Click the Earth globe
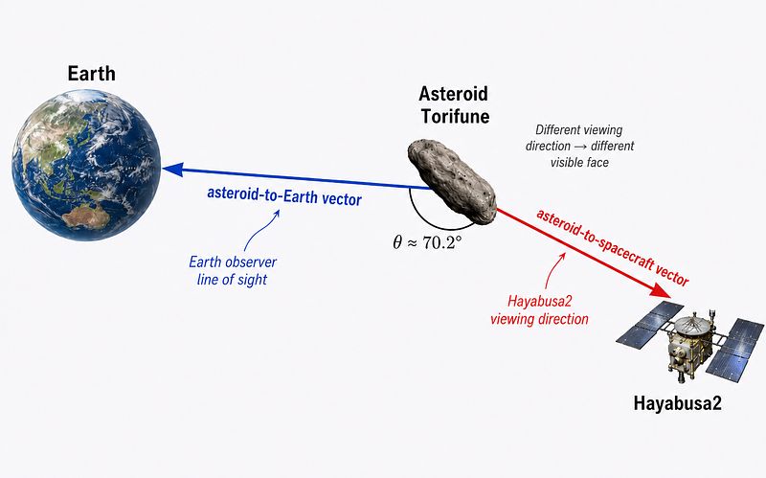(86, 165)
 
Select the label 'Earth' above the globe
(92, 74)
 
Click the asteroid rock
(452, 181)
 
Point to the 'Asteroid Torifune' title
(454, 104)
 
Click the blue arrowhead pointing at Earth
(173, 170)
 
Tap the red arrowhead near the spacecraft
(661, 290)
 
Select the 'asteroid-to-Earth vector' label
(284, 196)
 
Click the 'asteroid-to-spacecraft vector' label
(613, 247)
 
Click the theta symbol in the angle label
(397, 242)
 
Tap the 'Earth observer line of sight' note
(233, 271)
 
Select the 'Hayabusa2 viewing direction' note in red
(539, 309)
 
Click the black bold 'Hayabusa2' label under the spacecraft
(677, 403)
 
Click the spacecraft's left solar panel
(650, 323)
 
